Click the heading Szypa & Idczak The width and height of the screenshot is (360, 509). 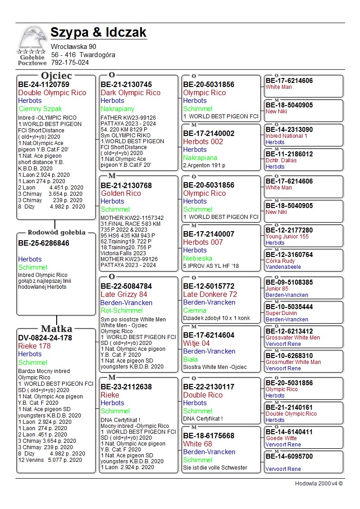[98, 33]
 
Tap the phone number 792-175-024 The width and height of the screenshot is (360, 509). [70, 63]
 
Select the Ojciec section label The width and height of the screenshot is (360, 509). [56, 76]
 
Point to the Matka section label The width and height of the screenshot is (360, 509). [57, 329]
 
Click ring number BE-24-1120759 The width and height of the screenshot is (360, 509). [44, 84]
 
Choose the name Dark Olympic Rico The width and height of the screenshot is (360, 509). [130, 92]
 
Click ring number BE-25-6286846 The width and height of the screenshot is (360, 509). [44, 243]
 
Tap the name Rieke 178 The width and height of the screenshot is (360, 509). [34, 346]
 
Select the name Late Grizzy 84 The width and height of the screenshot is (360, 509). [124, 295]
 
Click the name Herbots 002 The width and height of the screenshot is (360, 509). [203, 141]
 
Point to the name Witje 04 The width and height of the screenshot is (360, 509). [196, 343]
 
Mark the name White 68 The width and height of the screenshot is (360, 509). [197, 444]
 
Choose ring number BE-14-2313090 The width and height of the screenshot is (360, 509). [289, 130]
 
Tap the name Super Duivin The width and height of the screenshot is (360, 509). [281, 313]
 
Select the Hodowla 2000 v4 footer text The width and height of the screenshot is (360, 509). [319, 484]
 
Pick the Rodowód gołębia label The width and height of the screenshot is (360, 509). [56, 233]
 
